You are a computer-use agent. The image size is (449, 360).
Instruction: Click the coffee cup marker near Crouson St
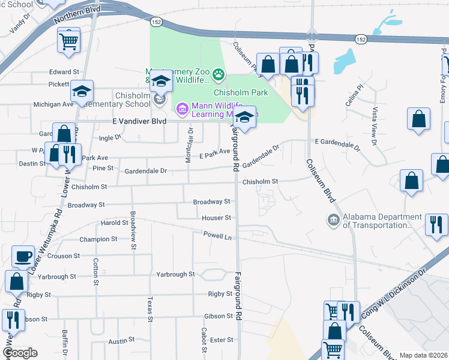click(x=23, y=256)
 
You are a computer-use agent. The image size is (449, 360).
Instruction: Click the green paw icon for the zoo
click(x=218, y=75)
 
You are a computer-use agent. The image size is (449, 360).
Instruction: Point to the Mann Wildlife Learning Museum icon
click(x=181, y=109)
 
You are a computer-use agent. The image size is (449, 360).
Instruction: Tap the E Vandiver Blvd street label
click(x=139, y=121)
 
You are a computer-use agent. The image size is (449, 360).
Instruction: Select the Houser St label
click(x=217, y=218)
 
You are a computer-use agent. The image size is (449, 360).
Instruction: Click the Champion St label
click(x=98, y=239)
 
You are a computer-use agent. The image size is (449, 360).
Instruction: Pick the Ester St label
click(x=221, y=340)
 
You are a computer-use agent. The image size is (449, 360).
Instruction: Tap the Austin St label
click(x=122, y=341)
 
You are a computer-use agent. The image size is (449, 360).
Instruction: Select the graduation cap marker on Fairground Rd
click(x=244, y=118)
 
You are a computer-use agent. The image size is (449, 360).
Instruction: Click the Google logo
click(x=20, y=353)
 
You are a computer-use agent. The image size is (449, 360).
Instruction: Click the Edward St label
click(x=64, y=72)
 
